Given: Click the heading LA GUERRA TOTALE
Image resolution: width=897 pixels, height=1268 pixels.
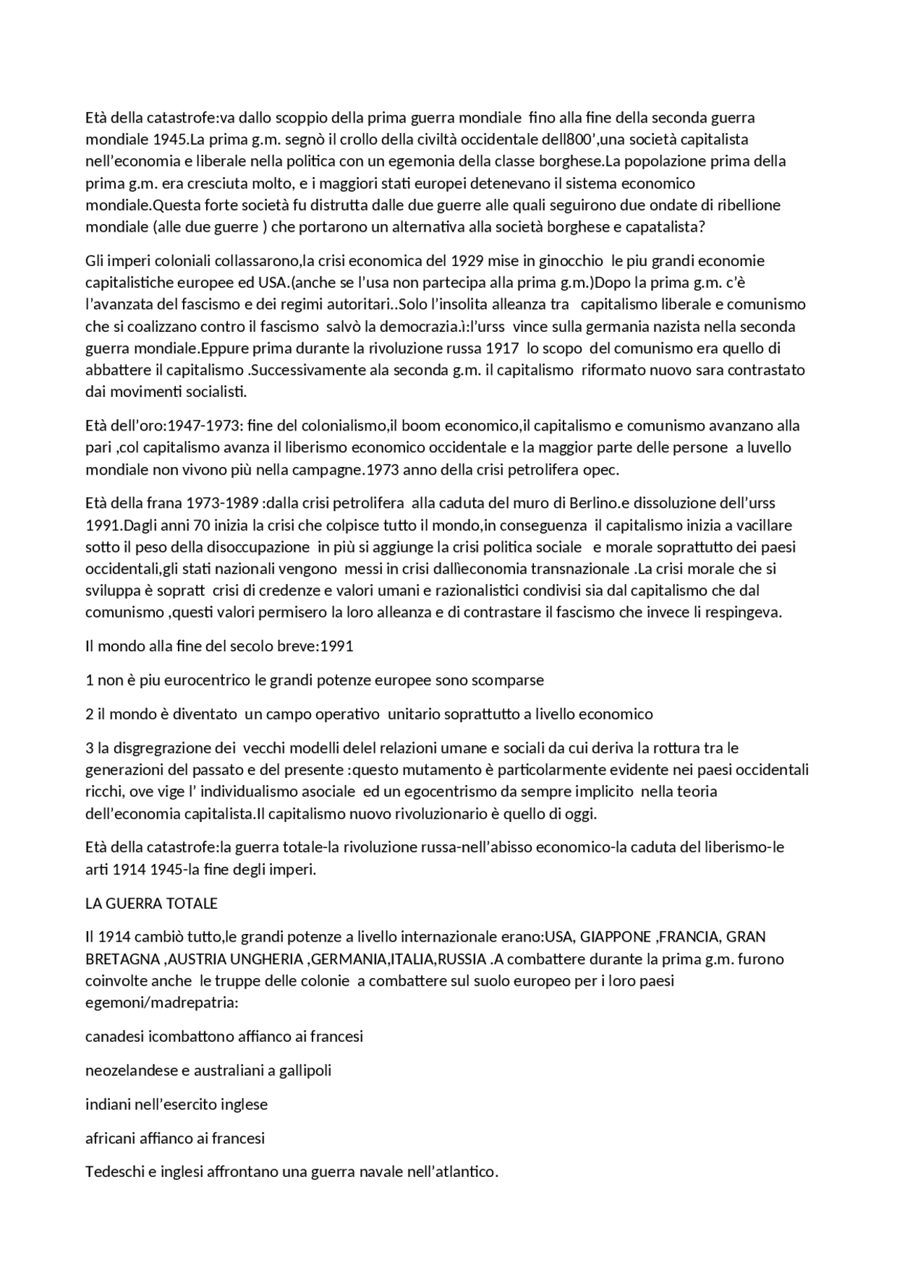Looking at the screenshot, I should coord(151,903).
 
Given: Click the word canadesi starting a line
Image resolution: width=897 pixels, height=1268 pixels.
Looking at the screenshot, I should coord(112,1036).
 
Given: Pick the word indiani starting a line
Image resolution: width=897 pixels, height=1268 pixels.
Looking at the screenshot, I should coord(107,1104).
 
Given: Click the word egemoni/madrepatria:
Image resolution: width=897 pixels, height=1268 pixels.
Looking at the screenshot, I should coord(162,1002).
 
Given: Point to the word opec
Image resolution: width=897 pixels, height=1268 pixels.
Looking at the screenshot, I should coord(601,470).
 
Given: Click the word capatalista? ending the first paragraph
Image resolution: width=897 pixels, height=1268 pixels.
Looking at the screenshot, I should coord(650,228).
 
